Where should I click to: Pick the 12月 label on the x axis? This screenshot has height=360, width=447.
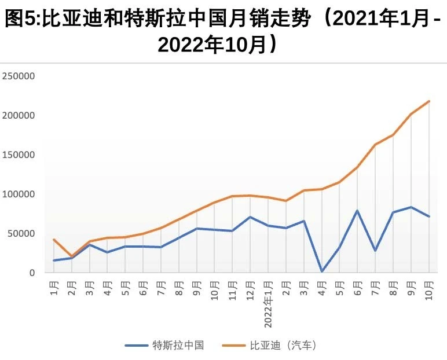click(250, 288)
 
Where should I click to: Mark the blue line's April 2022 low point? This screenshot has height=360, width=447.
click(321, 271)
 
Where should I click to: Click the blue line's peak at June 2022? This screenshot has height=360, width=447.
click(357, 211)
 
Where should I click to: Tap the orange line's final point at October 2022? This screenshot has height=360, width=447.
click(429, 101)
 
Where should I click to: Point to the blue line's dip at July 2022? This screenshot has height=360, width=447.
click(375, 251)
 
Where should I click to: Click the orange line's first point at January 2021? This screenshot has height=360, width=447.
click(54, 240)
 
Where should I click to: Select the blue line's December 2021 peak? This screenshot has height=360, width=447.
click(250, 217)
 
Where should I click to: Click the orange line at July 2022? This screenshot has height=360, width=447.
click(375, 145)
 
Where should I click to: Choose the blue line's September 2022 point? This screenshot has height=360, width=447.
click(411, 207)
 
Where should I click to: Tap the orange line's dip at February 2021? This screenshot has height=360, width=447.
click(72, 256)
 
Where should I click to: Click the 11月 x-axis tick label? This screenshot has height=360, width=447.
click(232, 288)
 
